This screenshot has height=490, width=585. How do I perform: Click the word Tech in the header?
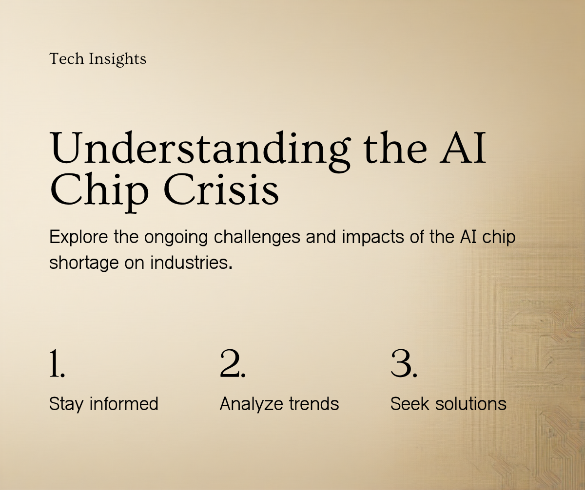click(67, 59)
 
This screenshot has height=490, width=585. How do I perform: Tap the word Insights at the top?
click(117, 59)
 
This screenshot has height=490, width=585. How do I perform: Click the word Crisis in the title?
click(221, 190)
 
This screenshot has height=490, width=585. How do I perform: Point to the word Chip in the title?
click(99, 193)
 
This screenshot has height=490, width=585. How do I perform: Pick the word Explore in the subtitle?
click(78, 237)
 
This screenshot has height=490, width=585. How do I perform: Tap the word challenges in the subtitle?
click(257, 237)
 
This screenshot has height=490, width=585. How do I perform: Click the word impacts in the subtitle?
click(373, 237)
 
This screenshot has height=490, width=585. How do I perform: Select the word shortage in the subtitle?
click(84, 263)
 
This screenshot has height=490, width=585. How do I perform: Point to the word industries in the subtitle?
click(190, 263)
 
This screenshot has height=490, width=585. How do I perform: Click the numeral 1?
click(57, 363)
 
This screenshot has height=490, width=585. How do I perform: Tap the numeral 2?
click(233, 363)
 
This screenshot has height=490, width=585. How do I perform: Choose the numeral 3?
click(404, 363)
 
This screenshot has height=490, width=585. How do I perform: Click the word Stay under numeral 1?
click(66, 404)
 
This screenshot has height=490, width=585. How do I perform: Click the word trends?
click(314, 404)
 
